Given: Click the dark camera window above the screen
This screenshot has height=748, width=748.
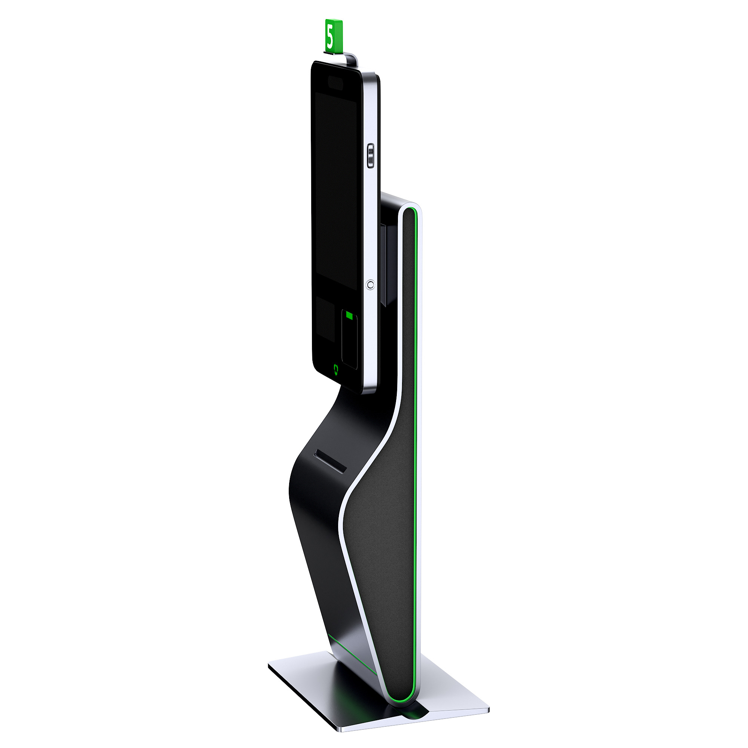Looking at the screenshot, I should [335, 82].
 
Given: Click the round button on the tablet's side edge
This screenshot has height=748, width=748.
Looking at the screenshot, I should [371, 285].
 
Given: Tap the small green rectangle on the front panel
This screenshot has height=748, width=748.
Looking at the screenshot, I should [350, 316].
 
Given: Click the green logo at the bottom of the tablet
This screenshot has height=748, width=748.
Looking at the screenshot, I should [337, 369].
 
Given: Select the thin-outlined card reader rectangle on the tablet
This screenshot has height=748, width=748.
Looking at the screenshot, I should [350, 339].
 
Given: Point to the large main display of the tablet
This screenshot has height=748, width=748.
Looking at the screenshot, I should [335, 190].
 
